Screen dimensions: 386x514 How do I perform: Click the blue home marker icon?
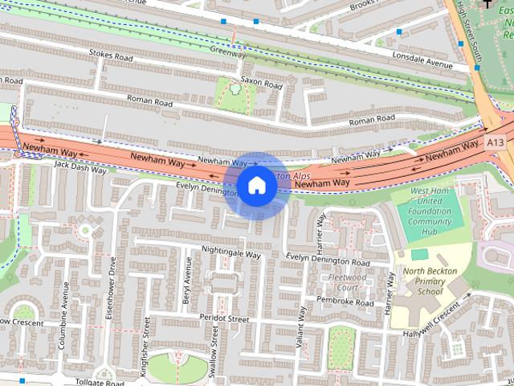coord(256,185)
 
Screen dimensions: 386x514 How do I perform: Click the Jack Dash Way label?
coord(80,166)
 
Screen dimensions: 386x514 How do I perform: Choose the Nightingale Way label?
coord(231,253)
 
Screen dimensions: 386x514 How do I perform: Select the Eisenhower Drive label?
coord(112,289)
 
